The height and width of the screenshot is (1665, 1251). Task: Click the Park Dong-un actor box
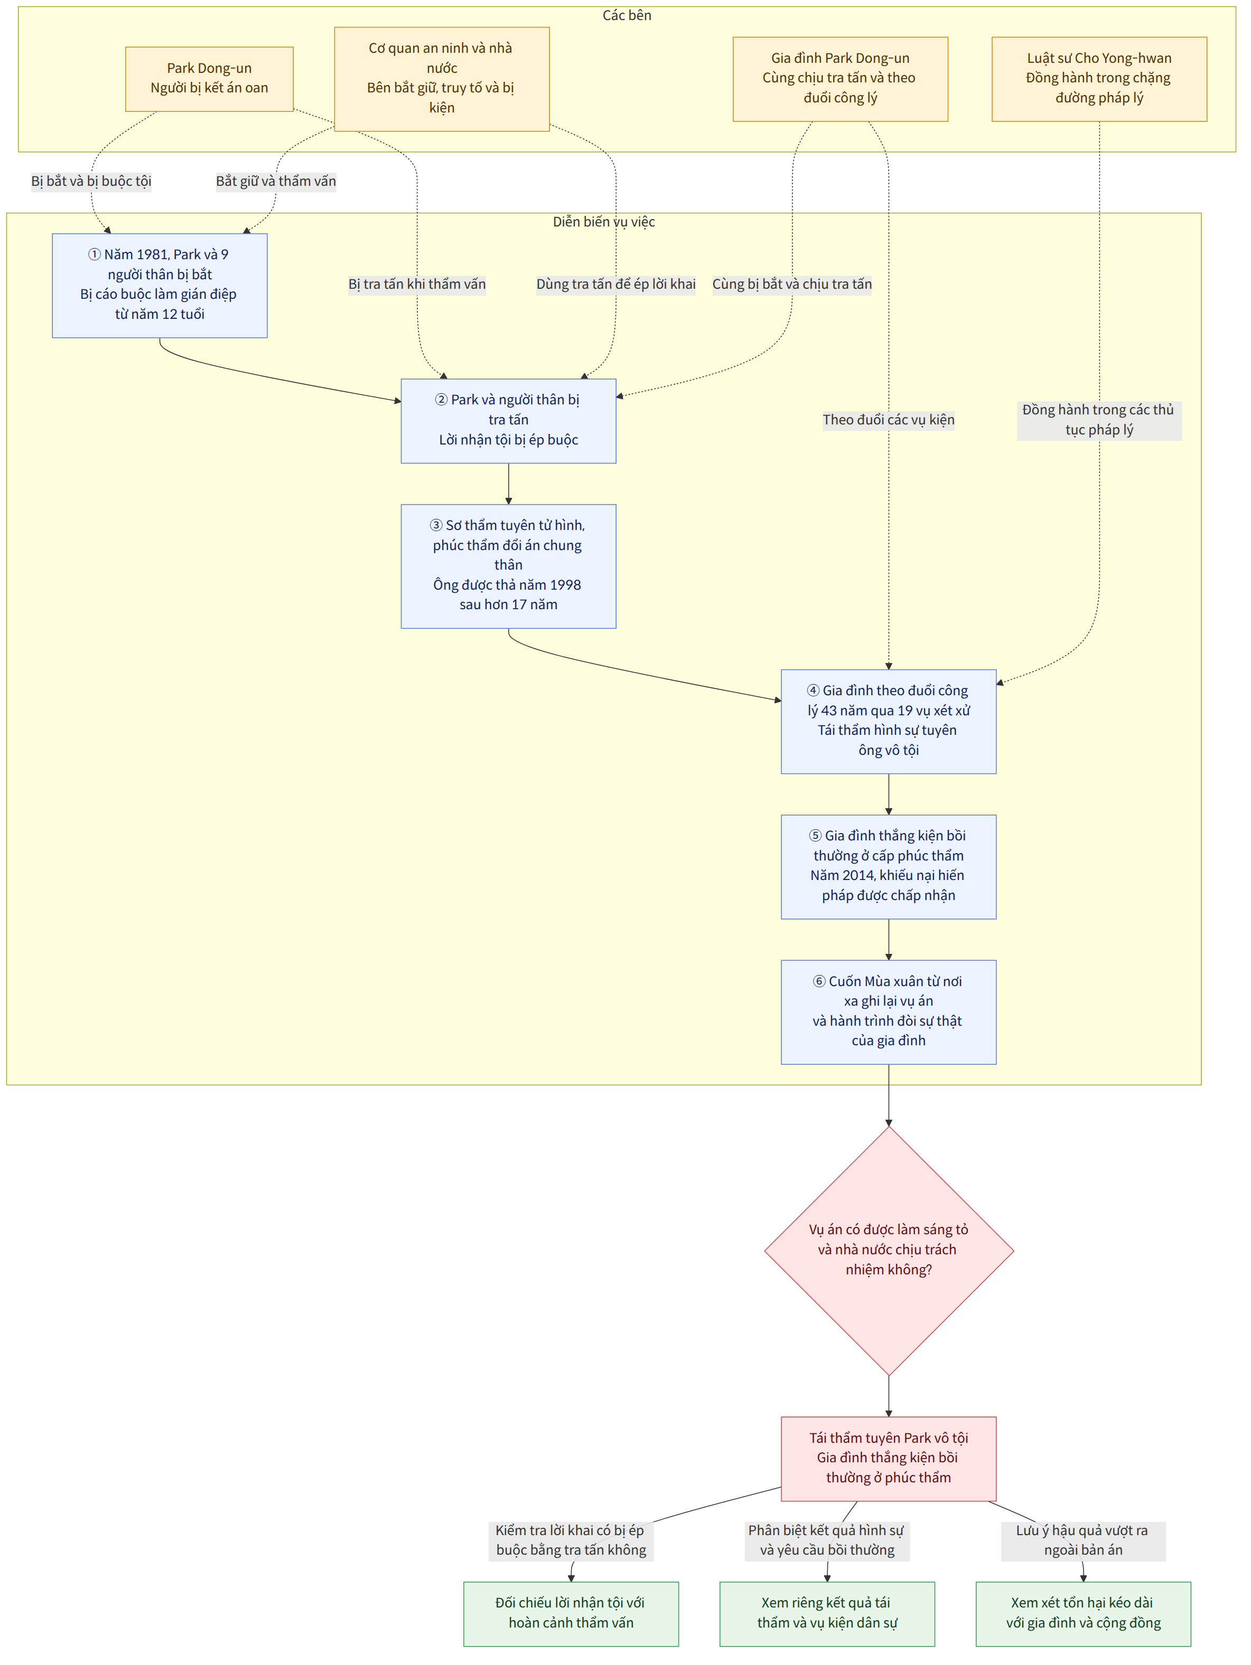click(x=209, y=79)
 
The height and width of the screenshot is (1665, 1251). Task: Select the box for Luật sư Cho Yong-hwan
click(x=1099, y=79)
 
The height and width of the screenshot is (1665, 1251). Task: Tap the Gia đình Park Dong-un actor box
click(x=840, y=79)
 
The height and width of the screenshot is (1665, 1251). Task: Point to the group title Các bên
click(x=627, y=16)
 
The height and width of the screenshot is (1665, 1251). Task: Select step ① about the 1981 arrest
click(x=160, y=285)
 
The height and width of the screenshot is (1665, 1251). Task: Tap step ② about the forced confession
click(x=508, y=421)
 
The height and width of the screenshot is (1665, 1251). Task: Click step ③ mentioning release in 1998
click(x=508, y=566)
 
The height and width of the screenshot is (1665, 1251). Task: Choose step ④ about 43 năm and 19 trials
click(x=889, y=721)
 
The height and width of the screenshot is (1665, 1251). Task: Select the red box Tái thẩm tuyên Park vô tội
click(x=889, y=1459)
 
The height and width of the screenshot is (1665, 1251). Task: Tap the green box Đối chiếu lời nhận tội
click(x=571, y=1614)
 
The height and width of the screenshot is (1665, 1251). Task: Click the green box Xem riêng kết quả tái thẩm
click(x=827, y=1614)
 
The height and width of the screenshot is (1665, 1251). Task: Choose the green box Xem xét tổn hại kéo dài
click(x=1083, y=1614)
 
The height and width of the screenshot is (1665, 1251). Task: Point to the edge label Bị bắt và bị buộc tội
click(x=91, y=182)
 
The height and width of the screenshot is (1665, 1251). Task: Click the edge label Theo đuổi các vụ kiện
click(x=889, y=420)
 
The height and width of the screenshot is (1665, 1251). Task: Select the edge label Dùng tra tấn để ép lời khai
click(x=616, y=285)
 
